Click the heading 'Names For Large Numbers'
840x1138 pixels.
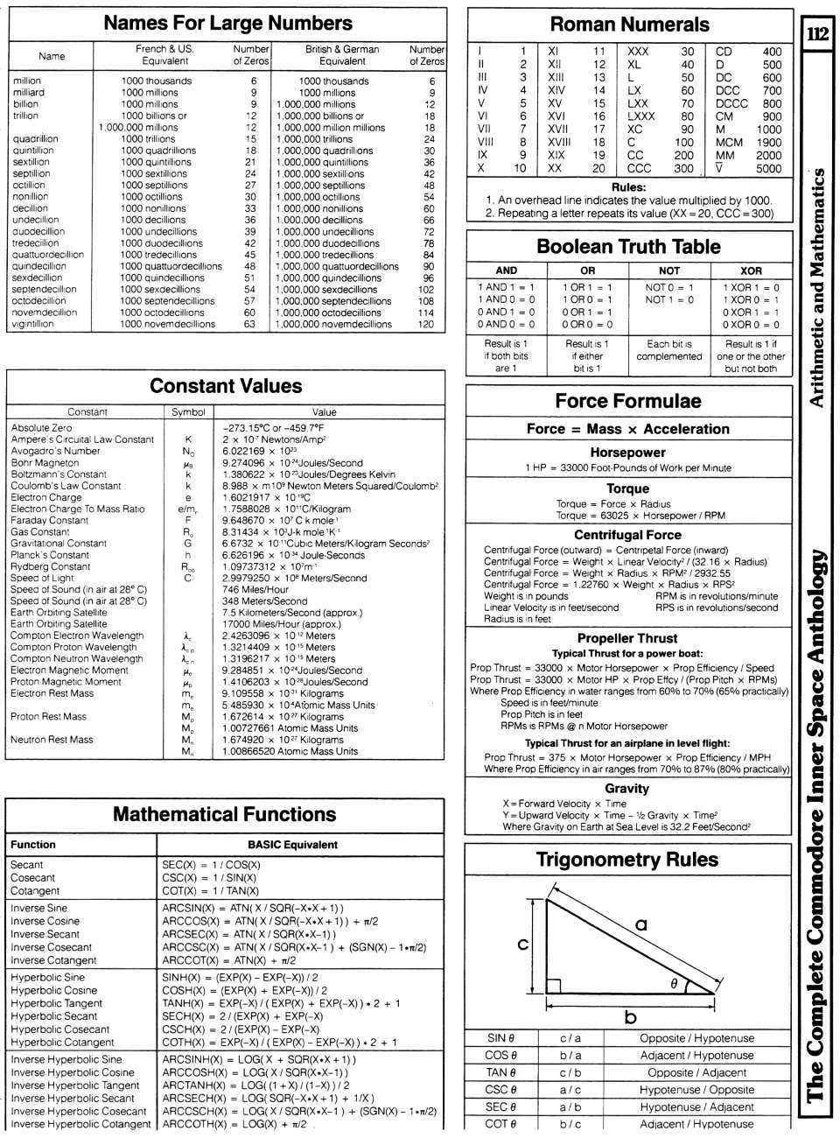pos(227,24)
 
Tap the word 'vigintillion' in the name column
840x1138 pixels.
pos(33,324)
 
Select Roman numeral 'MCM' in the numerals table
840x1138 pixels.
pos(729,142)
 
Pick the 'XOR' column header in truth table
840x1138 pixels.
pos(751,270)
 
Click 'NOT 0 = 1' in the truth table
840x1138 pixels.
pos(669,287)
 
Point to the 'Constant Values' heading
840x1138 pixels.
pos(226,386)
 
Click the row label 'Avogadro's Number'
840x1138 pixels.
pos(55,451)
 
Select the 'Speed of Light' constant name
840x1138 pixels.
pos(42,578)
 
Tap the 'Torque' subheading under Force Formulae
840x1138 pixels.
pos(627,488)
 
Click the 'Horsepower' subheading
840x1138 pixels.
pos(627,453)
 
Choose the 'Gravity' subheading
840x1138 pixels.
pos(627,788)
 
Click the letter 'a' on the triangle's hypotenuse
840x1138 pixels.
pos(640,924)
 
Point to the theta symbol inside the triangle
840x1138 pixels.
pos(674,984)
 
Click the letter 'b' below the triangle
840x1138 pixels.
pos(630,1017)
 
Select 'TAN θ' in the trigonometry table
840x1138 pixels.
pos(500,1072)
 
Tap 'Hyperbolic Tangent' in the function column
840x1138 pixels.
pos(56,1003)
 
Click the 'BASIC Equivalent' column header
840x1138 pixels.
pos(292,845)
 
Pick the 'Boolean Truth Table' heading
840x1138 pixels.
pos(628,247)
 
